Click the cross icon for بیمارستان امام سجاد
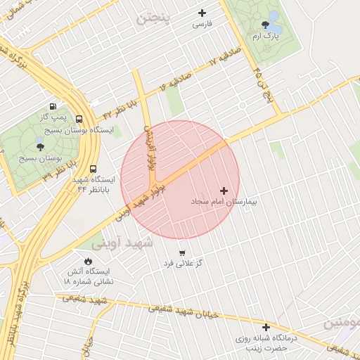(224, 191)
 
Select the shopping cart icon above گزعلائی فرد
(183, 252)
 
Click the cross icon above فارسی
(202, 13)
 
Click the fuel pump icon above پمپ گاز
(53, 105)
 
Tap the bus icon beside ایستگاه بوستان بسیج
(78, 120)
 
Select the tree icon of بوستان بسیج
(39, 146)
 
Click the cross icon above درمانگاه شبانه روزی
(266, 327)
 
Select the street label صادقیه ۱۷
(225, 58)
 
